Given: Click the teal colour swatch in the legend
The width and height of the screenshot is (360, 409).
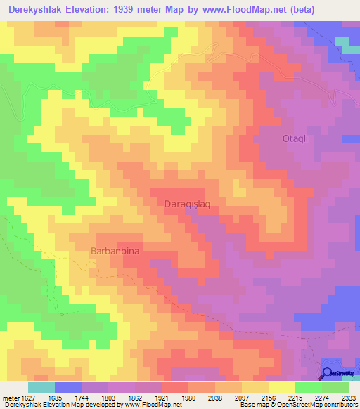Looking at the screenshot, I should click(x=41, y=387).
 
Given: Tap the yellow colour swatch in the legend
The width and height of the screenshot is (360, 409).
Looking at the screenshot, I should click(x=281, y=387).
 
